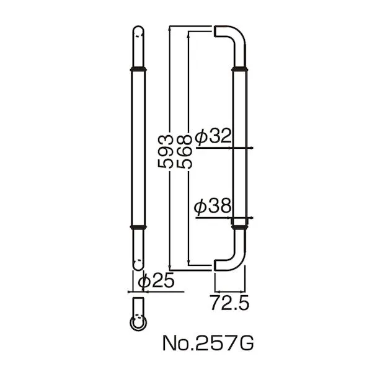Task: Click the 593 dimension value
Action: pyautogui.click(x=165, y=151)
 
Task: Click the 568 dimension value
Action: pyautogui.click(x=184, y=151)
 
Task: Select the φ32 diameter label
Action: pyautogui.click(x=213, y=136)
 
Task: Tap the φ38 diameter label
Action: pyautogui.click(x=212, y=205)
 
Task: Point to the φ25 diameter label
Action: pyautogui.click(x=156, y=281)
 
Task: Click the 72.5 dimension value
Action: pyautogui.click(x=229, y=303)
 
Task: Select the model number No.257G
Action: pyautogui.click(x=208, y=343)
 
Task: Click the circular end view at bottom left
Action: pyautogui.click(x=138, y=323)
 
